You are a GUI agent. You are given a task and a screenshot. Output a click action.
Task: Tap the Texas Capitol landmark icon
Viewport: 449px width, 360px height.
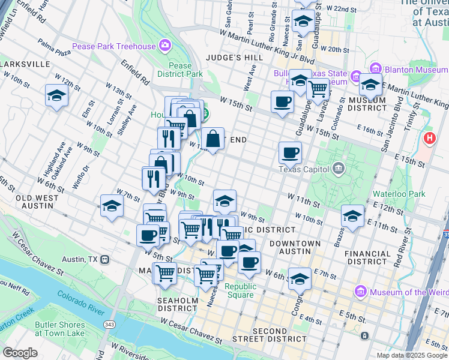(339, 168)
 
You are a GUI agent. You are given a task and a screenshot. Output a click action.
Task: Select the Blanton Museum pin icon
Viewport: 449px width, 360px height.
(376, 68)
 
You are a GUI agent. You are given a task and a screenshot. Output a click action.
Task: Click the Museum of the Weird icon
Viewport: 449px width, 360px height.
(361, 292)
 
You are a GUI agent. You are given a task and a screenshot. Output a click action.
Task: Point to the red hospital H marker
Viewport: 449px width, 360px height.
(430, 139)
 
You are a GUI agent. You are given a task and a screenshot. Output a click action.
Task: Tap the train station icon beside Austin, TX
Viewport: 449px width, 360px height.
(105, 259)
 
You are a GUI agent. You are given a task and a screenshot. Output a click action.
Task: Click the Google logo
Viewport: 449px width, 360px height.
(20, 353)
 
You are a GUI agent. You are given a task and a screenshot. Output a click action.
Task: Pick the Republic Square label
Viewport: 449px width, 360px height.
(241, 290)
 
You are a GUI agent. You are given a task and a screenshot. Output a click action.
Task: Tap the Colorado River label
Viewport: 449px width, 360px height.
(82, 299)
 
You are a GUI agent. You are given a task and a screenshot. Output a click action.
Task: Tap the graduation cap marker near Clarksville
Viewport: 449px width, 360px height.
(56, 95)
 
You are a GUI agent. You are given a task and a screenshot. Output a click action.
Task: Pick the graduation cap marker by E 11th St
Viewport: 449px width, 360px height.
(352, 215)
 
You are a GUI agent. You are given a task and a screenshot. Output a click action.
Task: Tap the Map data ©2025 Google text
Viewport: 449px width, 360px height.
(411, 355)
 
